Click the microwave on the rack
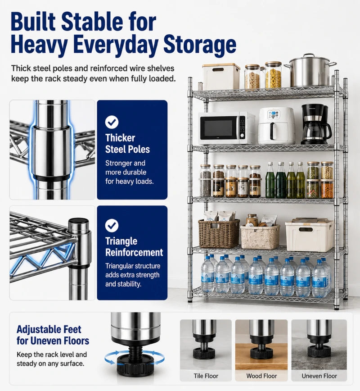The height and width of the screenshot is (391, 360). tap(226, 128)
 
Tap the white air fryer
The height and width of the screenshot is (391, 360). tap(276, 126)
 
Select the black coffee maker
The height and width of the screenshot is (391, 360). tap(316, 124)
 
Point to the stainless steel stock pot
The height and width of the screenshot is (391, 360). tap(310, 71)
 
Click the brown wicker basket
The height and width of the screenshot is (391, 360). tap(219, 234)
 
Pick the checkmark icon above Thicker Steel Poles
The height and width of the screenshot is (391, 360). tap(112, 122)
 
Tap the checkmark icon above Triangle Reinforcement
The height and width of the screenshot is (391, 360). tap(112, 225)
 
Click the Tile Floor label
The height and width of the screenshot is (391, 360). tap(206, 376)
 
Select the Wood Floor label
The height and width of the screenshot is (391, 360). tap(261, 376)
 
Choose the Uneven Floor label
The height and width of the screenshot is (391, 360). tap(319, 376)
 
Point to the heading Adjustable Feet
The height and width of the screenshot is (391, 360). tap(49, 329)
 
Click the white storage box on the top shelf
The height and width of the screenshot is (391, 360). tap(221, 77)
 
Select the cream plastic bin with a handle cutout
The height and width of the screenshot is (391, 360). tap(310, 235)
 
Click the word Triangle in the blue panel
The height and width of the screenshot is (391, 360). tap(121, 241)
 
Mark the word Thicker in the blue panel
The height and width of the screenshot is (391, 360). tap(120, 138)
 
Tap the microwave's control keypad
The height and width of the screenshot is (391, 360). tap(242, 127)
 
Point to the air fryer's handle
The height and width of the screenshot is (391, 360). tap(273, 131)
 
